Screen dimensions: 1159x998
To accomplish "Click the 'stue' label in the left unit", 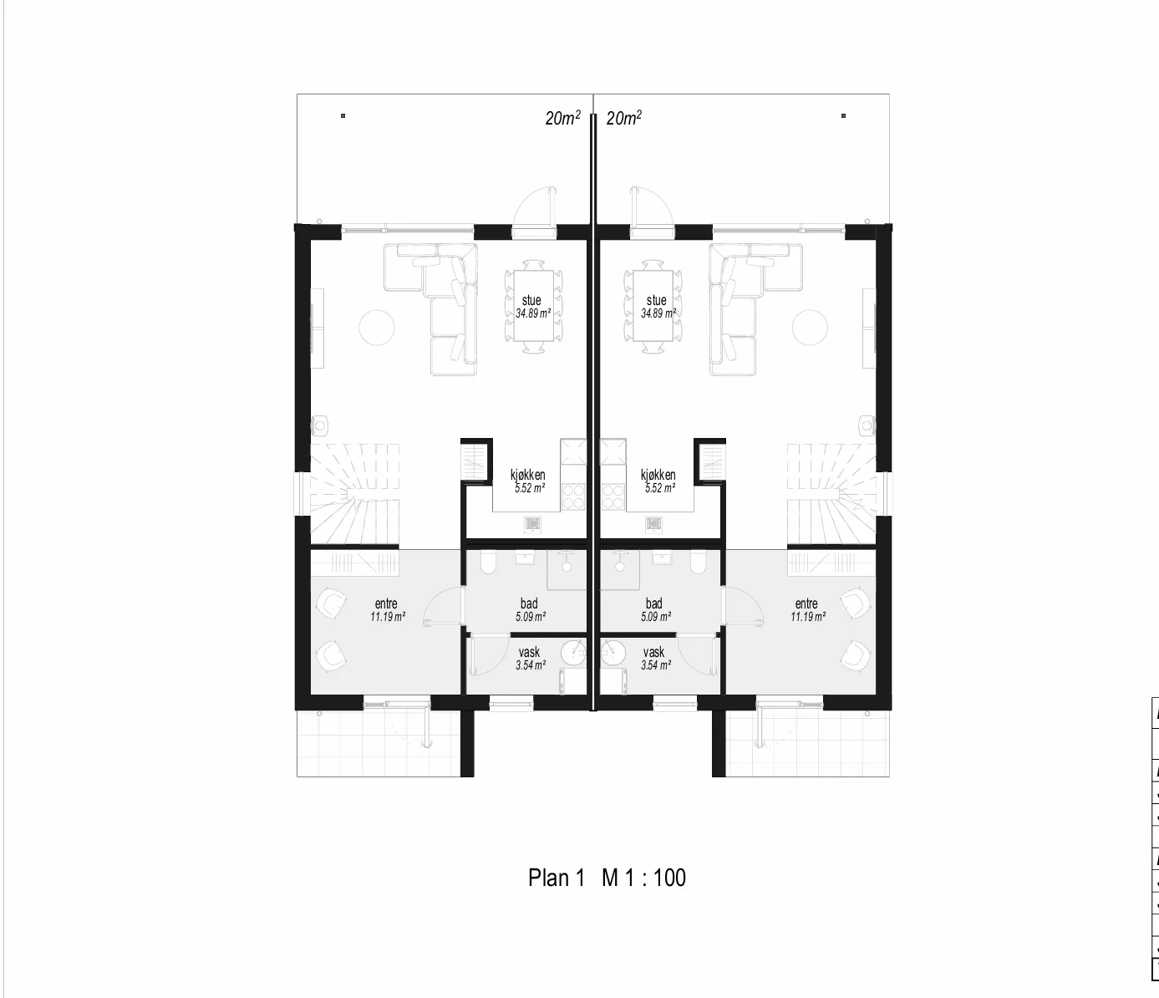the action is [531, 300].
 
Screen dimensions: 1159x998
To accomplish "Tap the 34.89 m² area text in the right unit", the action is [658, 313].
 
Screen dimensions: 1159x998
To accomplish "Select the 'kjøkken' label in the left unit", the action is [527, 475].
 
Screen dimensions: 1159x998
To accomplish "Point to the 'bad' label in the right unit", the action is [653, 603].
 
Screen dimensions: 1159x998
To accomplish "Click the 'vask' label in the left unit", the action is [529, 652].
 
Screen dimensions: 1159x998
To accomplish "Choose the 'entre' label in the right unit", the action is [806, 603].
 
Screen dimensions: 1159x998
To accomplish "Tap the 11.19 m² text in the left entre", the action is [388, 617].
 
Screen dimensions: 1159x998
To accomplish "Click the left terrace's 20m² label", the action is [563, 118].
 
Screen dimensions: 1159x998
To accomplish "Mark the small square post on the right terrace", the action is [843, 116].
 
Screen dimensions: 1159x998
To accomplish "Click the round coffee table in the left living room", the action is [377, 327].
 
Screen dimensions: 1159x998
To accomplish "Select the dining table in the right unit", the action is [653, 306].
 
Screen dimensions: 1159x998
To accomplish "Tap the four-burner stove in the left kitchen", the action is [573, 496].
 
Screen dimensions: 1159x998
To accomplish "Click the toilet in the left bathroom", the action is [488, 563].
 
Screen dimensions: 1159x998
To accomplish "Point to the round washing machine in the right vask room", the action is [613, 654].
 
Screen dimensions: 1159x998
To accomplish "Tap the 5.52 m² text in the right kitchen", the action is [660, 488].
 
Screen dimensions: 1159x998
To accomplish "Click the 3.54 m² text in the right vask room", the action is [656, 665].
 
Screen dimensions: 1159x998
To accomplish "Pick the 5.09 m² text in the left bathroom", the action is [531, 617].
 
